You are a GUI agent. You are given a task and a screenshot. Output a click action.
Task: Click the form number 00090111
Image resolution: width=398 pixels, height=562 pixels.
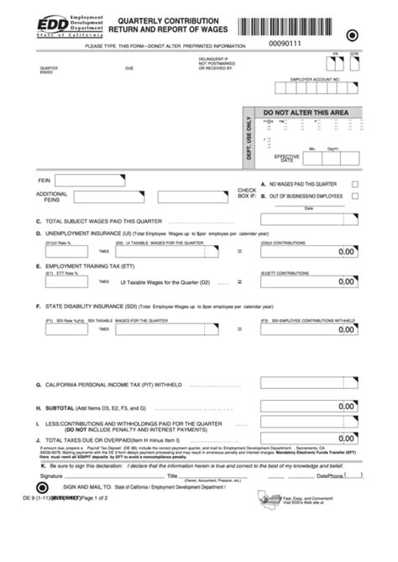[x=285, y=42]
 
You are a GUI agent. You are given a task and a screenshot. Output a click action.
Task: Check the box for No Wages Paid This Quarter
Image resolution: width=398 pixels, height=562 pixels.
[x=355, y=184]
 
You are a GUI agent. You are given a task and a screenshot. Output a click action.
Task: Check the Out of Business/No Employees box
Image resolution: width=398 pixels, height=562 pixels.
[x=355, y=196]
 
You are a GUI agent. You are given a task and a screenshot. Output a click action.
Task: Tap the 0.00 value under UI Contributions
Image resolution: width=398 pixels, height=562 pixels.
[x=346, y=251]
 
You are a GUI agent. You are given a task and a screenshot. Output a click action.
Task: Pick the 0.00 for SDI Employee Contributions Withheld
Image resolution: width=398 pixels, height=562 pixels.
[x=346, y=330]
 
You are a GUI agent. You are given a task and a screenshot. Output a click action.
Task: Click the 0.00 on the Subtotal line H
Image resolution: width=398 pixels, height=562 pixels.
[x=346, y=407]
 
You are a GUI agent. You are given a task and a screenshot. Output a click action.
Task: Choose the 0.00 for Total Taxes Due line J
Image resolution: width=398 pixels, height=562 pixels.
[x=346, y=439]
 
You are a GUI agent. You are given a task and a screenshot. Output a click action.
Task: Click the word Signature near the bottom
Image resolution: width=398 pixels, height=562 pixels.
[x=51, y=475]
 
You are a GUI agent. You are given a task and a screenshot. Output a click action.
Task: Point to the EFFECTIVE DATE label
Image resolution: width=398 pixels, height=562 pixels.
[x=286, y=158]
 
